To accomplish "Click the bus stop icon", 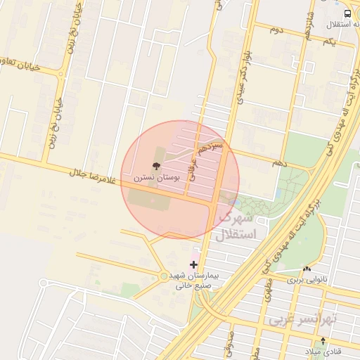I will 348,14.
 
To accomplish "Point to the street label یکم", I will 329,43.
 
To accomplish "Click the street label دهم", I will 281,163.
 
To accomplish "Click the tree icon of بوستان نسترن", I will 155,167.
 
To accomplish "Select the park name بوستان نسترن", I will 158,179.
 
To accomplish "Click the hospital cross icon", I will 194,265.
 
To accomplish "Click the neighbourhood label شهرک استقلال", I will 239,226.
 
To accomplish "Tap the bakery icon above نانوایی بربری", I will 306,269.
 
